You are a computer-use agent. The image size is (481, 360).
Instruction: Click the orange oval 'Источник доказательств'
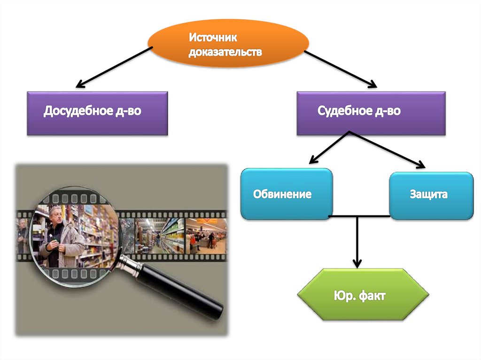tap(228, 43)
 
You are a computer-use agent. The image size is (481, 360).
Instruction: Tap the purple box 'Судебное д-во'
tap(371, 113)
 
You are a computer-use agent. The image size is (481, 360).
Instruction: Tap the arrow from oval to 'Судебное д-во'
tap(340, 69)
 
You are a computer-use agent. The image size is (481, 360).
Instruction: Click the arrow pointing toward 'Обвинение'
tap(329, 147)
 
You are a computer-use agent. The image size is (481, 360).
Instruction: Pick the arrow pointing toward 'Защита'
tap(388, 149)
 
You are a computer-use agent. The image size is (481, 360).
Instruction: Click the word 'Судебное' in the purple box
tap(342, 112)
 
